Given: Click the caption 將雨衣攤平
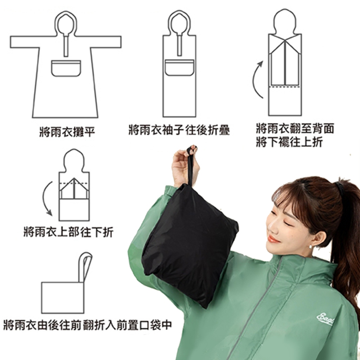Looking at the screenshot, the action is click(x=67, y=132).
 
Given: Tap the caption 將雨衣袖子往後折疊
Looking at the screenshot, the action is click(x=179, y=130).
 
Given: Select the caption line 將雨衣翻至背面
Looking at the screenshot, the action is click(x=295, y=128).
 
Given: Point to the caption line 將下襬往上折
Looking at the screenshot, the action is click(x=290, y=142).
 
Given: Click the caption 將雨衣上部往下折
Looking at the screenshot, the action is click(x=69, y=232).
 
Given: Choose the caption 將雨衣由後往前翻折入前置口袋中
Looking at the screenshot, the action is click(x=88, y=325).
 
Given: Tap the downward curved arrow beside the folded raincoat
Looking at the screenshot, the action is click(x=45, y=198).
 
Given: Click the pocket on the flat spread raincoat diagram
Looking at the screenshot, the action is click(x=66, y=69).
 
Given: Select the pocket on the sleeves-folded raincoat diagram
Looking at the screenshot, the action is click(x=179, y=67).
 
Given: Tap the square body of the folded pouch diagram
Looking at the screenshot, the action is click(x=63, y=298).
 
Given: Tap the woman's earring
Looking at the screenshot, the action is click(x=311, y=246).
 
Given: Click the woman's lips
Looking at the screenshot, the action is click(x=273, y=239).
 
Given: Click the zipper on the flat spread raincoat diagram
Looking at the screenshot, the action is click(x=66, y=46).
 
